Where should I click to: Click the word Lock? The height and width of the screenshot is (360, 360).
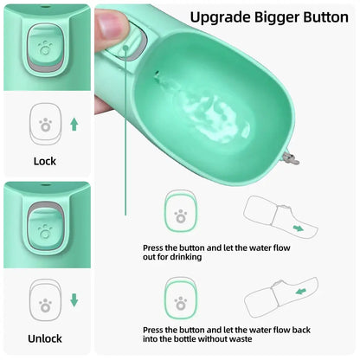point(44,161)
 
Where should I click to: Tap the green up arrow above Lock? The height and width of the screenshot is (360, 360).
point(74,124)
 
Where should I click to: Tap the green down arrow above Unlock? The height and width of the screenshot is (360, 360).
point(74,301)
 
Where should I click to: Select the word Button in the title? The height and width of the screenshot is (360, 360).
point(318,16)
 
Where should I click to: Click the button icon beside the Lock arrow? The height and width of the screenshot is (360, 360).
point(45,125)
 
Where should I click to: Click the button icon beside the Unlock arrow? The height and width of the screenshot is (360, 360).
point(45,302)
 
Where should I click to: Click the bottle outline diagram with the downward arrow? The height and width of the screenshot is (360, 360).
point(278,219)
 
